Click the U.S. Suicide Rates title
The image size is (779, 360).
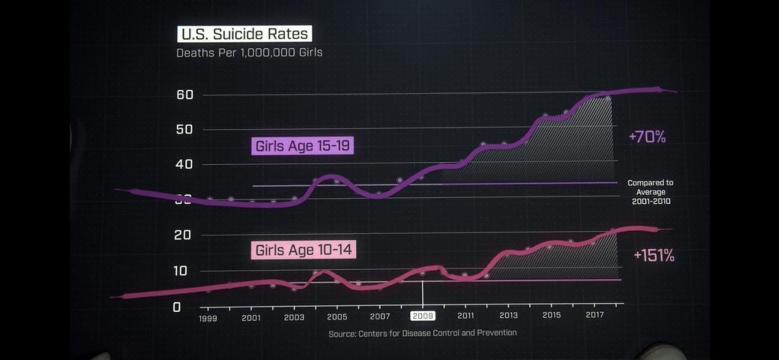pyautogui.click(x=244, y=34)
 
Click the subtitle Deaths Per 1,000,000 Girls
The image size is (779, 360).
pyautogui.click(x=249, y=53)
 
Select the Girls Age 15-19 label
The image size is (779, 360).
pyautogui.click(x=302, y=146)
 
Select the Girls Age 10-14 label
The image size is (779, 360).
pyautogui.click(x=304, y=250)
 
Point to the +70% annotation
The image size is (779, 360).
pyautogui.click(x=647, y=137)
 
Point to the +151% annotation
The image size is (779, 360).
pyautogui.click(x=654, y=256)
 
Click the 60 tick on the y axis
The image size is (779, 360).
pyautogui.click(x=185, y=95)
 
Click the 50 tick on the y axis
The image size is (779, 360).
pyautogui.click(x=185, y=130)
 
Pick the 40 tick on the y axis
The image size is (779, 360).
pyautogui.click(x=185, y=164)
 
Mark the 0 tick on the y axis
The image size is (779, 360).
pyautogui.click(x=176, y=307)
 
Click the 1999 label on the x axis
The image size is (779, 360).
pyautogui.click(x=208, y=318)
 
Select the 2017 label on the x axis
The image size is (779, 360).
pyautogui.click(x=594, y=314)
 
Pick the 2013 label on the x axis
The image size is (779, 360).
pyautogui.click(x=508, y=315)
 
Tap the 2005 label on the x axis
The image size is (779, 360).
pyautogui.click(x=337, y=317)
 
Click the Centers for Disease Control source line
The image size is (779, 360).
pyautogui.click(x=423, y=333)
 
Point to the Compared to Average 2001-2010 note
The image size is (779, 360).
pyautogui.click(x=651, y=192)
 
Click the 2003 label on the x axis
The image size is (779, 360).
pyautogui.click(x=293, y=317)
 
